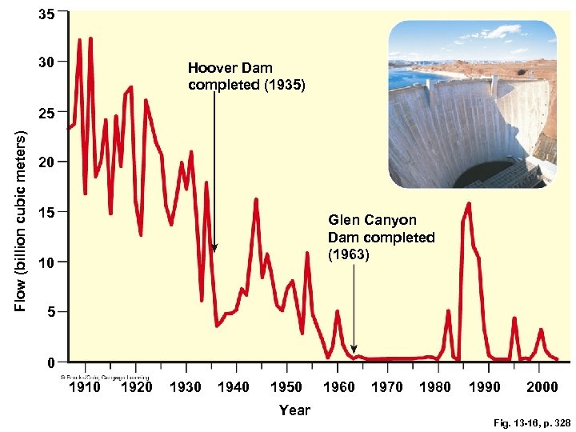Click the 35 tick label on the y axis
click(46, 14)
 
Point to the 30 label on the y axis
click(46, 62)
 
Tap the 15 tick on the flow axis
click(46, 213)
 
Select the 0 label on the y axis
click(50, 363)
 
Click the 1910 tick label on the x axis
click(86, 387)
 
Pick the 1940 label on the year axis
click(234, 387)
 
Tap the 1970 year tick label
click(387, 387)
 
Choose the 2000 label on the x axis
click(542, 387)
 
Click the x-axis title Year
click(294, 410)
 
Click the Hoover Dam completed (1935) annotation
click(246, 76)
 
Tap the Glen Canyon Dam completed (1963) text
click(381, 237)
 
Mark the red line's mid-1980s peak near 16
click(468, 204)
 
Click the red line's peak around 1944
click(256, 199)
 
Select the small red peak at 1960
click(338, 311)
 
